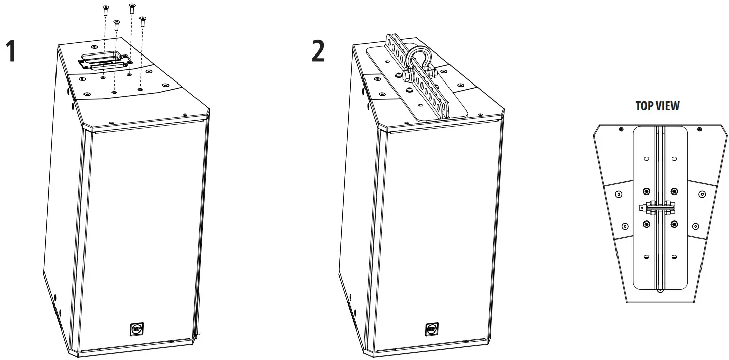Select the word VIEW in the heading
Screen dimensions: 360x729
tap(668, 106)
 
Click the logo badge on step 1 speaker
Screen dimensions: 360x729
tap(136, 329)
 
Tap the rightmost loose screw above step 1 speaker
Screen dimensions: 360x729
tap(143, 20)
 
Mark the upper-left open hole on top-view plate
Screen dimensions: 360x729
tap(646, 159)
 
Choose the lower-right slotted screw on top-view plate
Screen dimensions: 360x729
tap(674, 256)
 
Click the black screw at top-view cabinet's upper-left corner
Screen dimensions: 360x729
tap(621, 129)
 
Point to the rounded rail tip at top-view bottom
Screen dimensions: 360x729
tap(660, 291)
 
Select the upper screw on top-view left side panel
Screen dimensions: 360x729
tap(619, 194)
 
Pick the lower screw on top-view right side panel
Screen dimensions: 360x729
tap(696, 225)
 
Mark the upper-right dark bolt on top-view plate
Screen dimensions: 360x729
tap(674, 191)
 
